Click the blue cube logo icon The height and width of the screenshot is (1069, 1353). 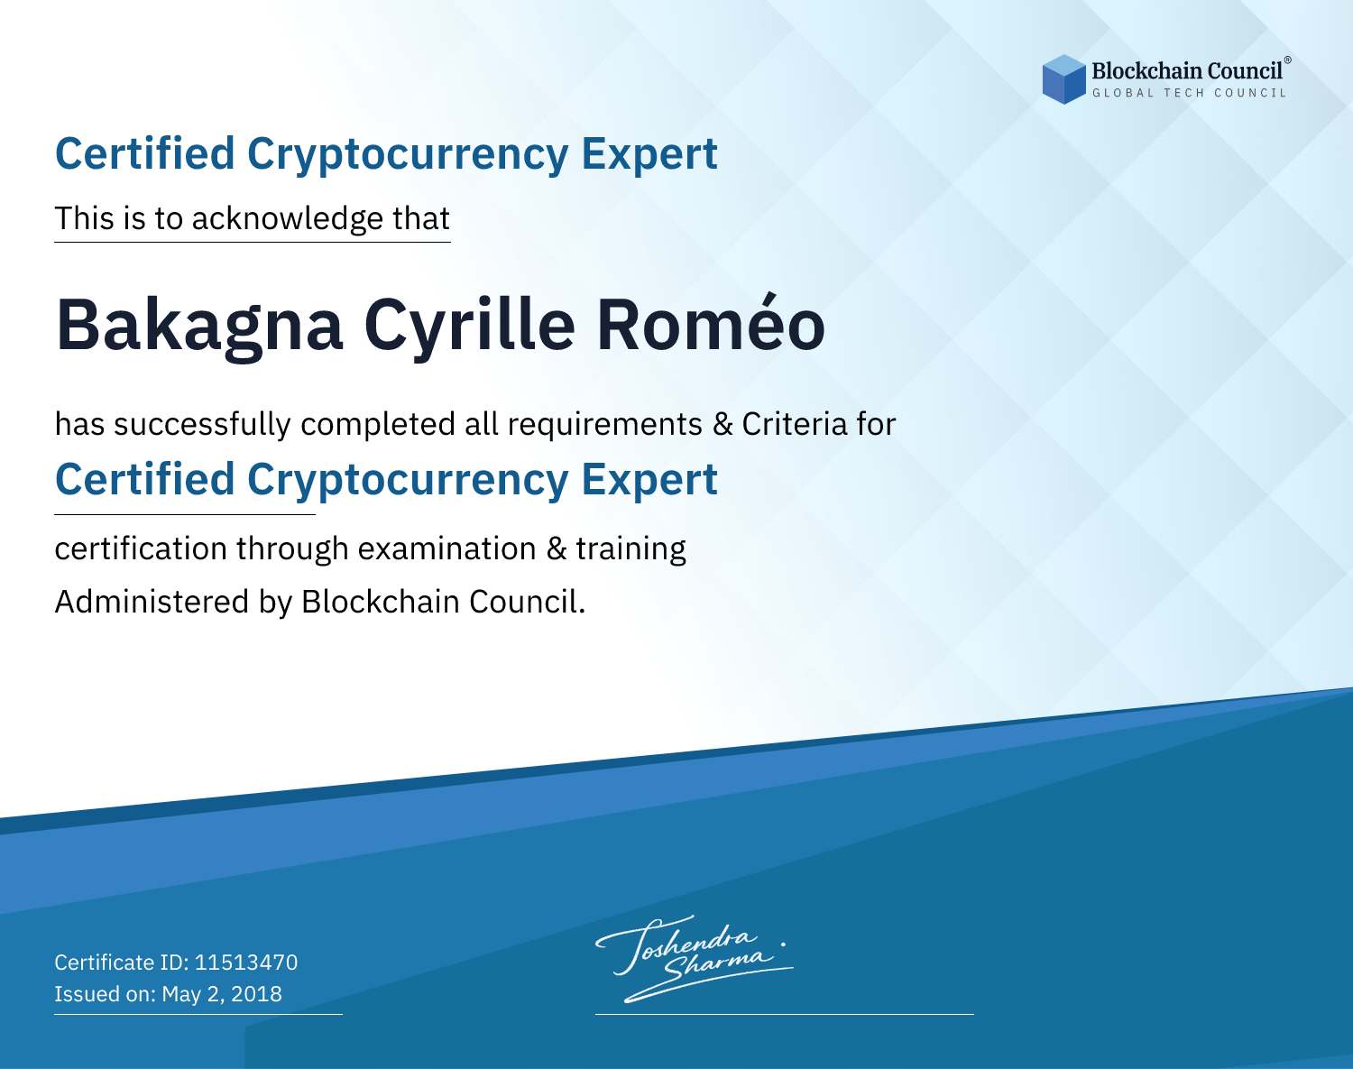1063,79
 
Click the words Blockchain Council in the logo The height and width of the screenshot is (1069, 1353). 1187,71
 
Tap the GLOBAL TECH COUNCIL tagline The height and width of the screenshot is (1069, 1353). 1189,93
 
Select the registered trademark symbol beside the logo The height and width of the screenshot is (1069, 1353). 1287,60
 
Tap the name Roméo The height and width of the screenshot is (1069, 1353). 711,322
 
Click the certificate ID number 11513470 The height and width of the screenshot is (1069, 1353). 246,962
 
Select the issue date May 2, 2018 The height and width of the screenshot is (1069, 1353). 222,994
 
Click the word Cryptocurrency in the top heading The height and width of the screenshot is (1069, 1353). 408,155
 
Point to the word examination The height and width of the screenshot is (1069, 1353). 447,548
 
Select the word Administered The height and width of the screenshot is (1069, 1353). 152,602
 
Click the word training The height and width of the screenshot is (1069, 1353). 631,549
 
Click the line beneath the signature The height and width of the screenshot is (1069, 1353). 784,1014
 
